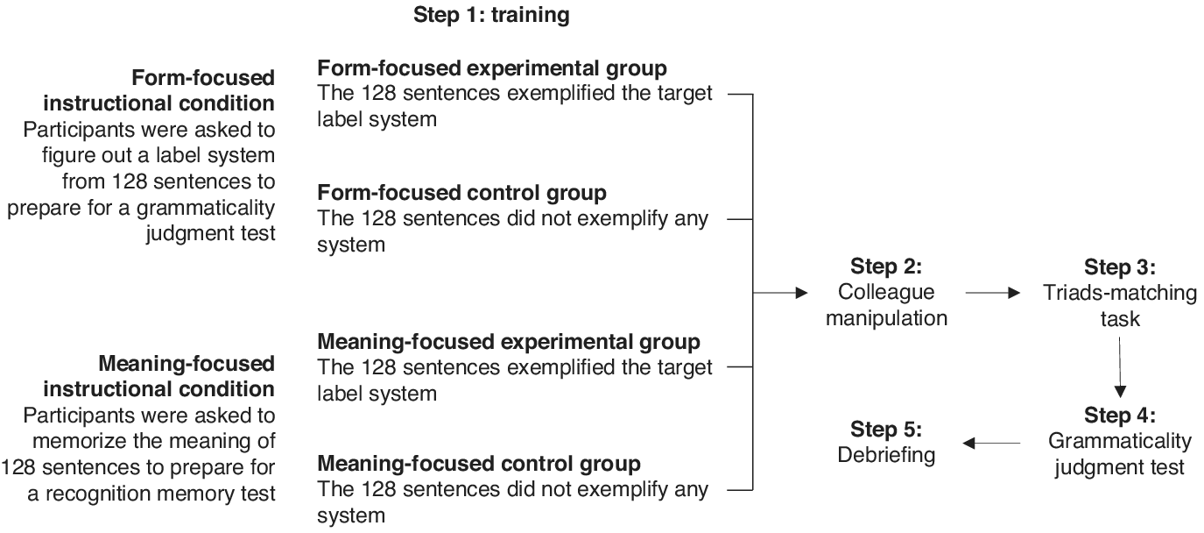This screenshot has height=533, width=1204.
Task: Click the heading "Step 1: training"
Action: (x=491, y=15)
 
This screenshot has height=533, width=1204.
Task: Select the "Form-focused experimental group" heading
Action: (x=492, y=68)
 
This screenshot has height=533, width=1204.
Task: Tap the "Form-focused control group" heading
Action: (x=461, y=193)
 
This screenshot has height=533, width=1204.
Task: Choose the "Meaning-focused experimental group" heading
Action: (x=509, y=342)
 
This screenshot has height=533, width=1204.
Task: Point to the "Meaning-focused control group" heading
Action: (x=479, y=464)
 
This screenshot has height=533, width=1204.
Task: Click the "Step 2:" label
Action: (x=886, y=266)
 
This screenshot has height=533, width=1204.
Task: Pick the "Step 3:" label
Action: (x=1120, y=267)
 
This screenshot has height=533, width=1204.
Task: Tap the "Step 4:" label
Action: (x=1120, y=416)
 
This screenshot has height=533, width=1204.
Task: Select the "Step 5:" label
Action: (x=886, y=429)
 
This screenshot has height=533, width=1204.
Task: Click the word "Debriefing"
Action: (x=886, y=456)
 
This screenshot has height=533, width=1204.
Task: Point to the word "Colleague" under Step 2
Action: (x=886, y=292)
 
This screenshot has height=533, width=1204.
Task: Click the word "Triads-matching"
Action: (x=1120, y=294)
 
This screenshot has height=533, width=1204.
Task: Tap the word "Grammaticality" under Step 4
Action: (x=1120, y=442)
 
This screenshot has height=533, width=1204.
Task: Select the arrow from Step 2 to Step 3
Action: (x=993, y=293)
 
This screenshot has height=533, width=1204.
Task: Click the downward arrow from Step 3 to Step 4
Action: (x=1120, y=367)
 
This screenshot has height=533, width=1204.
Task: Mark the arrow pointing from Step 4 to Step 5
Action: (x=991, y=443)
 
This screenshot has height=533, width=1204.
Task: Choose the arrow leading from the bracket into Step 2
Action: (x=780, y=293)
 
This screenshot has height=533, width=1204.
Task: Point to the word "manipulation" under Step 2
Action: (x=886, y=319)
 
